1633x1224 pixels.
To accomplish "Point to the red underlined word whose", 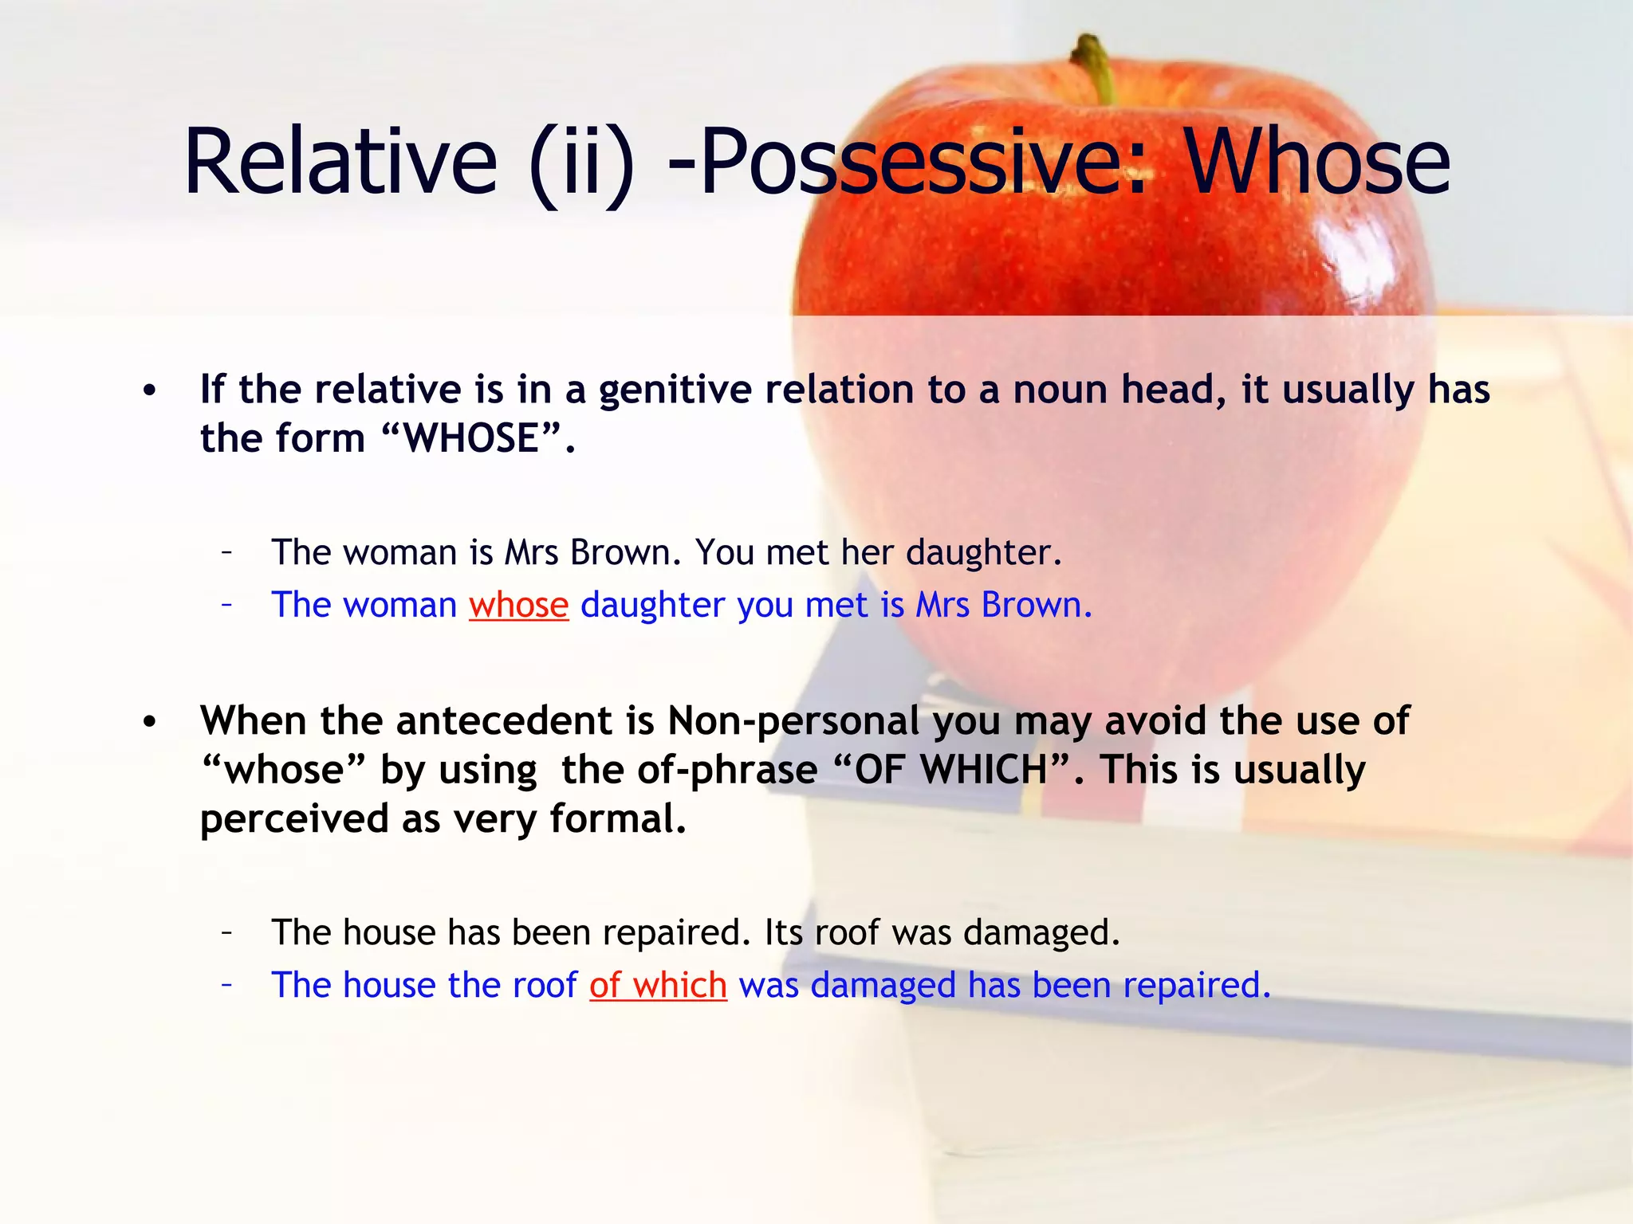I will tap(518, 605).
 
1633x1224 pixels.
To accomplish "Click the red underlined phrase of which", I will tap(658, 985).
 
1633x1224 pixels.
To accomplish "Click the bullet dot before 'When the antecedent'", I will tap(150, 722).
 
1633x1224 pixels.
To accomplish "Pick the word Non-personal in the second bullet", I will tap(793, 721).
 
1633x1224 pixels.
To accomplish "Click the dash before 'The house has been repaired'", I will tap(227, 931).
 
